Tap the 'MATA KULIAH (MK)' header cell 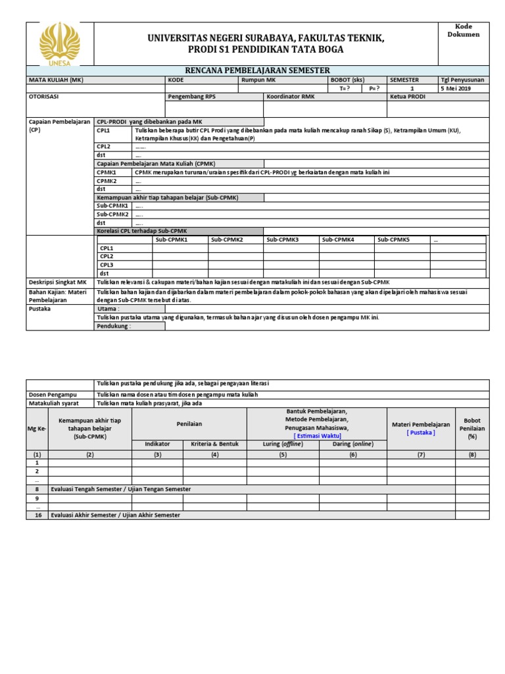tap(56, 80)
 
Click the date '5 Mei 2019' tap(456, 88)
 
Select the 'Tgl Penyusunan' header tap(462, 80)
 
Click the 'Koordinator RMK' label tap(290, 96)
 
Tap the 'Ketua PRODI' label tap(408, 96)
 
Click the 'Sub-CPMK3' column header tap(283, 240)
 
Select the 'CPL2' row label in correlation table tap(107, 256)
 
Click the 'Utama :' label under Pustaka tap(108, 308)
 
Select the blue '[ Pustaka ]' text tap(420, 432)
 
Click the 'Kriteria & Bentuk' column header tap(214, 444)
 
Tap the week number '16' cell tap(37, 515)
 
